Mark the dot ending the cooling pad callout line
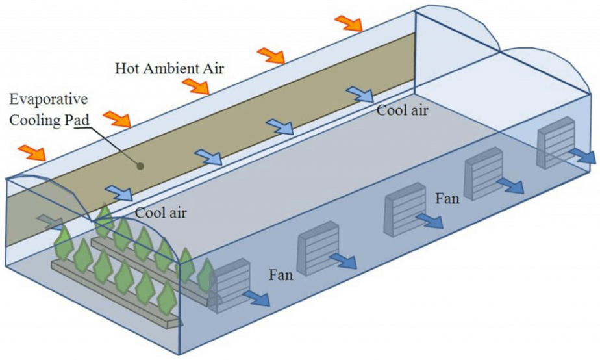coord(140,166)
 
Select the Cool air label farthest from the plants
coord(403,110)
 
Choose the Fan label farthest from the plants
coord(448,198)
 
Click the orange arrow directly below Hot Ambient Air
coord(195,86)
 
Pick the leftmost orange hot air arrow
coord(32,153)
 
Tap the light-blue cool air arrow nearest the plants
coord(118,192)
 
